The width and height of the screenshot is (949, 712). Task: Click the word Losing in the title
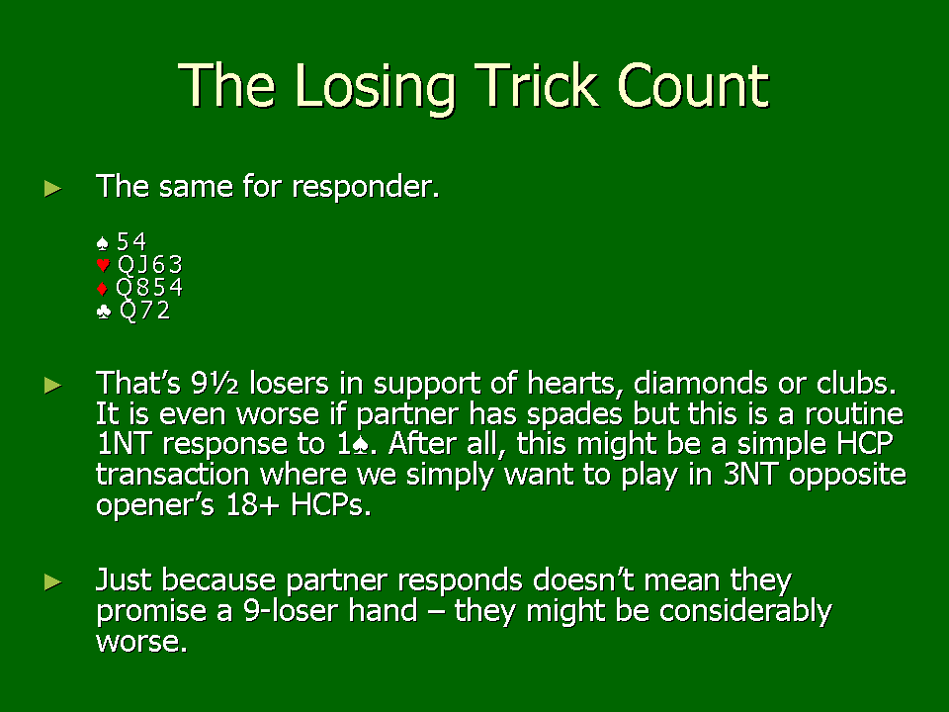[x=375, y=87]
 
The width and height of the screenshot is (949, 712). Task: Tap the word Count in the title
[x=693, y=85]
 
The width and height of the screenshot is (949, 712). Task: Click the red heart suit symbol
[x=103, y=265]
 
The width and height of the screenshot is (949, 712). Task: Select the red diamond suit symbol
[x=102, y=288]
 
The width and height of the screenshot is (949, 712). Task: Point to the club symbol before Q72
[x=104, y=311]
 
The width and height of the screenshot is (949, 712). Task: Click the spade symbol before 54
[x=102, y=243]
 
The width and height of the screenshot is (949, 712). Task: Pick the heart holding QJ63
[x=149, y=265]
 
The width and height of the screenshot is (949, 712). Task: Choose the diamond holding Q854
[x=149, y=287]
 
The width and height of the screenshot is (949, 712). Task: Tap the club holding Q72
[x=144, y=310]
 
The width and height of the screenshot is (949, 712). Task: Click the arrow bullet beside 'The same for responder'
[x=53, y=189]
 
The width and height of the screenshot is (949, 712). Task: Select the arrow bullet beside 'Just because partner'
[x=53, y=582]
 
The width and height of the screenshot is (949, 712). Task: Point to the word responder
[x=366, y=187]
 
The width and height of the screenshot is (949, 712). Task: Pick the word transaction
[x=172, y=474]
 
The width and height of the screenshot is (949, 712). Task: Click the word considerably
[x=745, y=611]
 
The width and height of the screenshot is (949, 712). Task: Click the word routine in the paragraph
[x=854, y=413]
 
